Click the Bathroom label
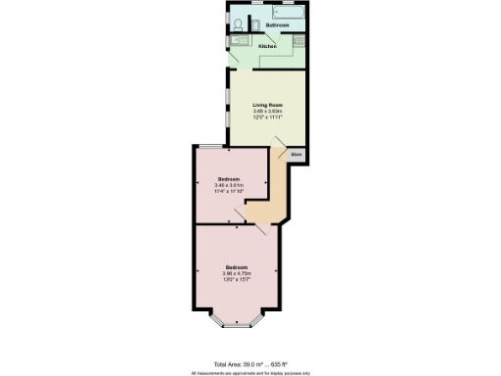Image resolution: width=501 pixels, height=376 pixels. (x=276, y=24)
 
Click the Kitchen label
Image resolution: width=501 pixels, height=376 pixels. (x=267, y=45)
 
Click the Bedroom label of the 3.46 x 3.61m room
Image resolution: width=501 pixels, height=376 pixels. (x=229, y=178)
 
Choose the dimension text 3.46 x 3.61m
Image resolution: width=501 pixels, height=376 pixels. (x=229, y=185)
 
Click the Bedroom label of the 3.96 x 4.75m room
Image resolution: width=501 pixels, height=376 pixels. (x=237, y=266)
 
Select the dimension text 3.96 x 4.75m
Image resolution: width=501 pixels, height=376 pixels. (x=237, y=273)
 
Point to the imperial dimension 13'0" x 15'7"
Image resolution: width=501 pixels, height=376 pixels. (x=237, y=280)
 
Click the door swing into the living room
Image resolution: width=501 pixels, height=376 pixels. (x=281, y=152)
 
